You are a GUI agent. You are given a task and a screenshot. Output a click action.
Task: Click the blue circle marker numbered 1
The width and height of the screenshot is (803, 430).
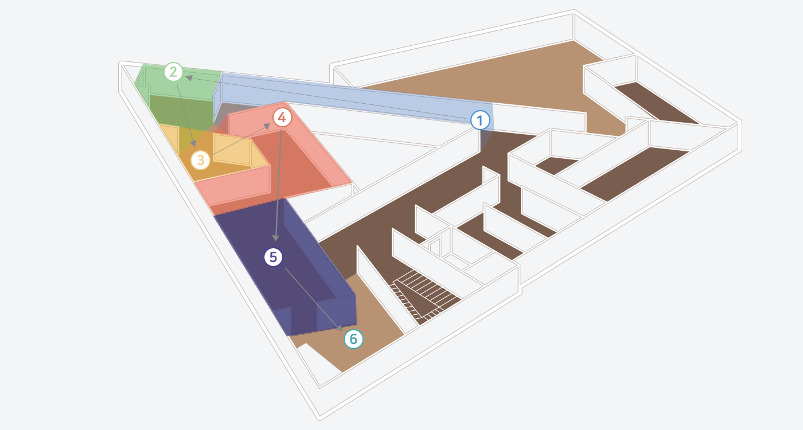click(x=480, y=120)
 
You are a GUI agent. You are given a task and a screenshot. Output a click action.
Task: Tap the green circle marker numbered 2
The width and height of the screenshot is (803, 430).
click(x=173, y=72)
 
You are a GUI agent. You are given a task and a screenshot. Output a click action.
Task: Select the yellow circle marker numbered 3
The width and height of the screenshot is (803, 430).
click(x=200, y=160)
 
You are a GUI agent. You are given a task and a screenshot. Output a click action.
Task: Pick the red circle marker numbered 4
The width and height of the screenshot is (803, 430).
click(x=282, y=117)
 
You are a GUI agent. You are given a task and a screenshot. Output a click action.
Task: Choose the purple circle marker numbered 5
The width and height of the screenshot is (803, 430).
click(x=273, y=257)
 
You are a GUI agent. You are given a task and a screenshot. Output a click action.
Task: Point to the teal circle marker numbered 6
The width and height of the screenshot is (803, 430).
click(x=353, y=339)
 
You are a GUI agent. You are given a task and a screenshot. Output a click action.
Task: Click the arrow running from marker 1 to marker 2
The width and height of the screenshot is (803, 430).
click(x=326, y=97)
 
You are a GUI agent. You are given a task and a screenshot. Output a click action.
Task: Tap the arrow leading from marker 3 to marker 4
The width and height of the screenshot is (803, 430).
click(x=241, y=139)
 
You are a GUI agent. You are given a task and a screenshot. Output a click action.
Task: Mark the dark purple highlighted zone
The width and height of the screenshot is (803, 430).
click(x=283, y=265)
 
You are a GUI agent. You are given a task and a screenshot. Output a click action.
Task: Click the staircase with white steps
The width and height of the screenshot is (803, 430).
click(x=423, y=296)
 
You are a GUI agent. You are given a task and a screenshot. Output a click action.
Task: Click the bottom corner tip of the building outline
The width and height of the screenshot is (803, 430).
click(x=319, y=419)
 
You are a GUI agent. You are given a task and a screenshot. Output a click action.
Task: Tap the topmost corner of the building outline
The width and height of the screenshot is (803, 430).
click(x=574, y=10)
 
